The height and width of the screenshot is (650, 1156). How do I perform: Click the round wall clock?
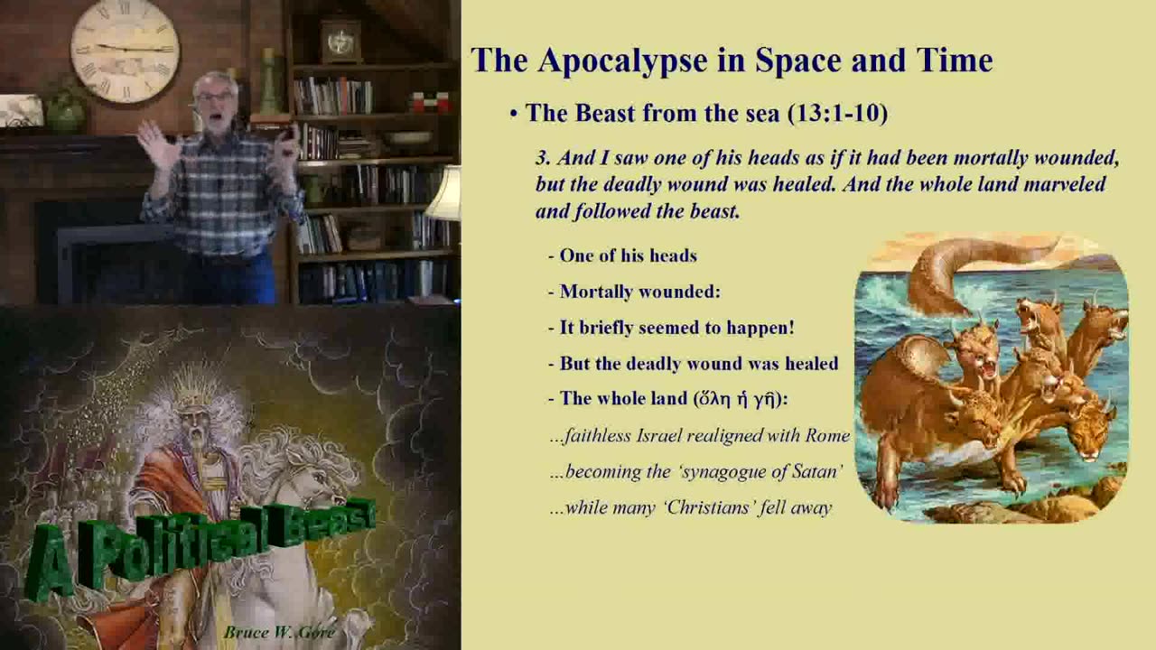tap(125, 49)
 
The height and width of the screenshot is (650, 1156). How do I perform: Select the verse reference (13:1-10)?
tap(837, 113)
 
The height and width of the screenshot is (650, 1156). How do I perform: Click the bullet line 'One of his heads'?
tap(628, 255)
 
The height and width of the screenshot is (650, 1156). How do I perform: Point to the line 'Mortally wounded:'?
tap(639, 292)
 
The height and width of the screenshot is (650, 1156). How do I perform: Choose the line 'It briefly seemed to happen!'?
tap(676, 328)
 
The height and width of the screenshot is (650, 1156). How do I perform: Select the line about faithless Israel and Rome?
tap(700, 436)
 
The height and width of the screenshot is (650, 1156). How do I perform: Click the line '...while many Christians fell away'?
tap(691, 507)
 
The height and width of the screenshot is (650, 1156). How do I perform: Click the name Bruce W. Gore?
tap(278, 632)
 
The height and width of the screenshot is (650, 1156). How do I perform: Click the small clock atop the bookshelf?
tap(341, 41)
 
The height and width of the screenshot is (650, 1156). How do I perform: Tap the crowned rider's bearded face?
tap(191, 429)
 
